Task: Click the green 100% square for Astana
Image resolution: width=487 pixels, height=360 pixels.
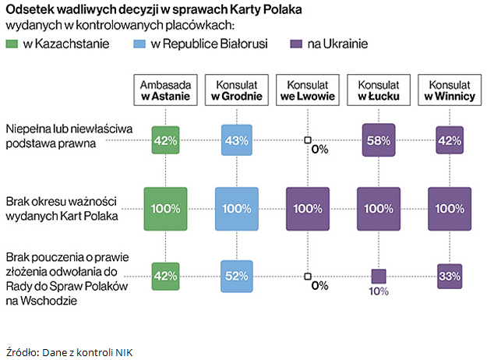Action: (166, 209)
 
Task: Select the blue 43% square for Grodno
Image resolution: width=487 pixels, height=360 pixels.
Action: (236, 140)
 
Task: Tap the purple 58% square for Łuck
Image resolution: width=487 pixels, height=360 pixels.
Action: (378, 140)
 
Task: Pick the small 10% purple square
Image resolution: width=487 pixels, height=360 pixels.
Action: (378, 276)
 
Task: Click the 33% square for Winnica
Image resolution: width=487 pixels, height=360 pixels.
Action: (449, 276)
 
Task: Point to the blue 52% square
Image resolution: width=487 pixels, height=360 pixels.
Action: (236, 276)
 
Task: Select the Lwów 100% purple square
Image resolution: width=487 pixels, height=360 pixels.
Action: (307, 209)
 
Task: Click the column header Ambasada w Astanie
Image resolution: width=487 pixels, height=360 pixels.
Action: (166, 90)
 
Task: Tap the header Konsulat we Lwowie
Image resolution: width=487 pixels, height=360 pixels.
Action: (307, 90)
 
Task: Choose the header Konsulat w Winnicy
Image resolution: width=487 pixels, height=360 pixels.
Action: (449, 90)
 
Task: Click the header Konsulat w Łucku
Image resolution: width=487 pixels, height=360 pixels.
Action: (378, 90)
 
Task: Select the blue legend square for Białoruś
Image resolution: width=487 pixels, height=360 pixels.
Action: (141, 44)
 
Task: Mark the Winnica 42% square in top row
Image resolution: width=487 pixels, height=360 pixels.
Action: (449, 140)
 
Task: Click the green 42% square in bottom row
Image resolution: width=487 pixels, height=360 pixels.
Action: (166, 276)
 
